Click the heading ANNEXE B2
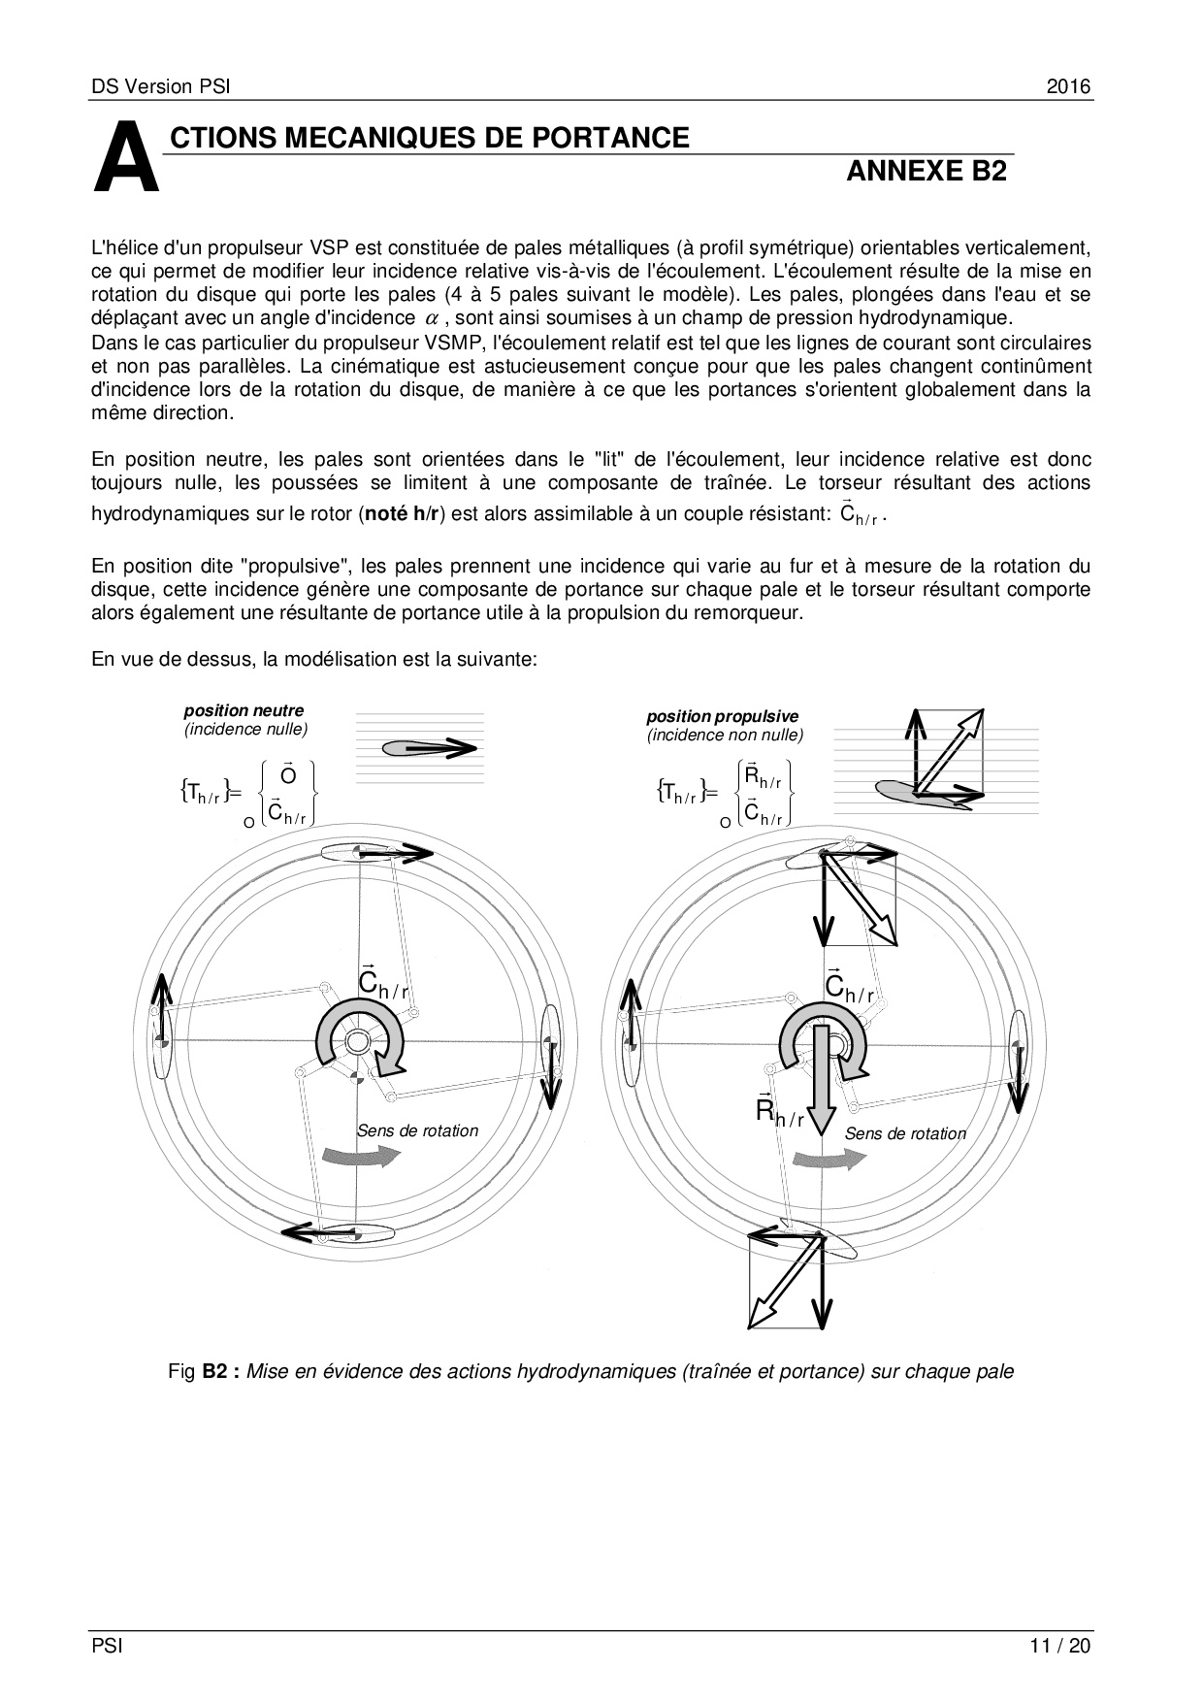click(927, 172)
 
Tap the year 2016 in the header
click(1068, 86)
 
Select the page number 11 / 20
click(1060, 1646)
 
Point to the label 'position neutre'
click(244, 710)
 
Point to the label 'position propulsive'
click(723, 717)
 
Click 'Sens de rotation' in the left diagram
click(418, 1130)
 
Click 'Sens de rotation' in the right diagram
click(905, 1133)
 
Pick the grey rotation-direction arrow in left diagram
click(361, 1155)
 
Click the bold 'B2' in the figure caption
click(214, 1372)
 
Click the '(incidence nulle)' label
click(246, 729)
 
